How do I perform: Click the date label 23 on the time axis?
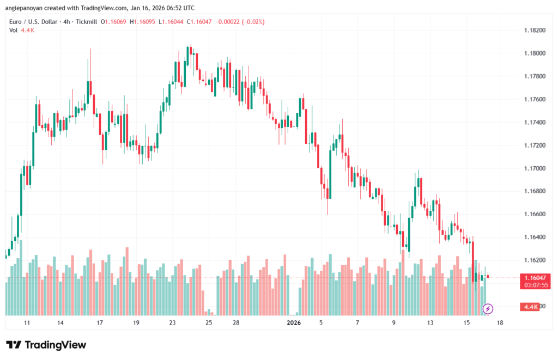[172, 323]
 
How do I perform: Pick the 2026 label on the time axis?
[294, 323]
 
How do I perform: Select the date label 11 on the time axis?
[27, 323]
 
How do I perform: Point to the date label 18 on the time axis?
[500, 323]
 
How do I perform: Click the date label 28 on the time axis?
[236, 323]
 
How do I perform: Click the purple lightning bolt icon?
[488, 309]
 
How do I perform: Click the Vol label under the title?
[13, 30]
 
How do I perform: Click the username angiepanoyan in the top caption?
[28, 8]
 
